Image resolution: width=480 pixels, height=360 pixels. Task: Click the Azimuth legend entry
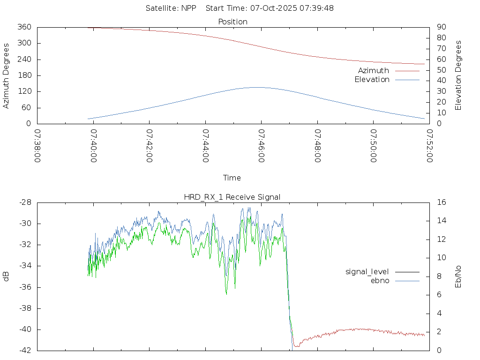coord(374,71)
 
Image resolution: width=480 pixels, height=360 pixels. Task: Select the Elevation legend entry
coord(372,80)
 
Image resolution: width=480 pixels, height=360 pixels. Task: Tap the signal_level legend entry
coord(367,272)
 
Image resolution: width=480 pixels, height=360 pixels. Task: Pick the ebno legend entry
coord(380,281)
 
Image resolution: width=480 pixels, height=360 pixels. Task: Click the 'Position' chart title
coord(233,22)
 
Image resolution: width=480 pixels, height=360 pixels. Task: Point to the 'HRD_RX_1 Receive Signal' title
coord(232,197)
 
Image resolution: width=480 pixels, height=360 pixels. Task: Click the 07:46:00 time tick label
coord(261,146)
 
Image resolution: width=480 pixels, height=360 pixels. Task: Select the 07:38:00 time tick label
coord(37,146)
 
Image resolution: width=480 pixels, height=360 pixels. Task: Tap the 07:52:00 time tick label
coord(429,146)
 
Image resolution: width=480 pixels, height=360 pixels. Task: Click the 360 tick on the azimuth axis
coord(24,27)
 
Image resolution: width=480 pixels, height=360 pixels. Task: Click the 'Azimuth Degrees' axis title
coord(7,75)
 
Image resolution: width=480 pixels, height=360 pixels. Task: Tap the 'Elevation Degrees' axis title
coord(458,75)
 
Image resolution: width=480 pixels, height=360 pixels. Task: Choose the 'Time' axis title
coord(232,178)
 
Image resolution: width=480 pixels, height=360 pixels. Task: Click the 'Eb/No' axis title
coord(458,277)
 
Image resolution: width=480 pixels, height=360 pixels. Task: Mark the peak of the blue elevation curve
coord(257,87)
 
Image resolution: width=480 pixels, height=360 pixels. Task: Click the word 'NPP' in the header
coord(191,8)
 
